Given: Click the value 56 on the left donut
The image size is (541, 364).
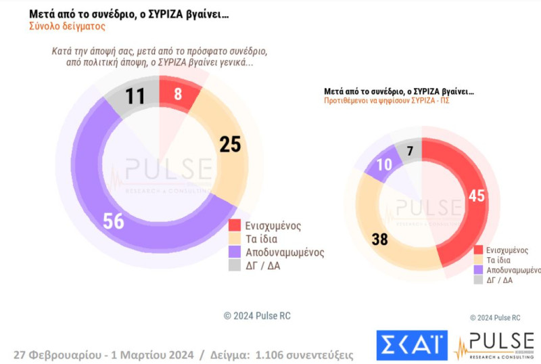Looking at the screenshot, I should click(114, 221).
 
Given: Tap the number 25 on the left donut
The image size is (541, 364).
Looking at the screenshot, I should click(231, 144).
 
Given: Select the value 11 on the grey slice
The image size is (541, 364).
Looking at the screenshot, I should click(135, 96).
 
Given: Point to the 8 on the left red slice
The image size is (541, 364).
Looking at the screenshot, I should click(178, 94).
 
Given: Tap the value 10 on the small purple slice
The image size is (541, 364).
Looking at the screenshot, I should click(384, 164).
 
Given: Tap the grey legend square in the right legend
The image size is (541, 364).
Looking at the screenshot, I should click(479, 279).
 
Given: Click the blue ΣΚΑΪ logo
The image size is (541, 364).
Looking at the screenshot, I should click(412, 345).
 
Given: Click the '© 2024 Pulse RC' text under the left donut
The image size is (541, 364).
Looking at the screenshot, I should click(257, 316).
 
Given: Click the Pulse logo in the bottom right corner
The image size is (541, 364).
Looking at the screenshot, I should click(494, 346).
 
